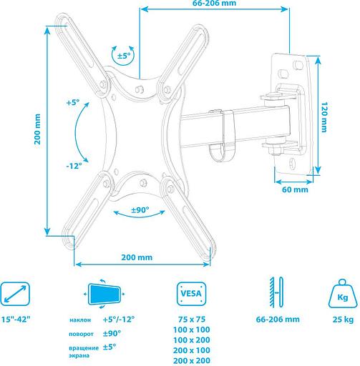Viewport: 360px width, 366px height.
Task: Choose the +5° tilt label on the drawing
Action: pyautogui.click(x=74, y=103)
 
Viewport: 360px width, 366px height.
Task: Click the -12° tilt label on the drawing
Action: pyautogui.click(x=74, y=165)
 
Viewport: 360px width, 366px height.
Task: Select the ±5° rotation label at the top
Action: pyautogui.click(x=125, y=55)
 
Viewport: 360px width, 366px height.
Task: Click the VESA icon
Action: pyautogui.click(x=189, y=293)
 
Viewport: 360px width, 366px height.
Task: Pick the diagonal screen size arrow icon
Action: pyautogui.click(x=16, y=294)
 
